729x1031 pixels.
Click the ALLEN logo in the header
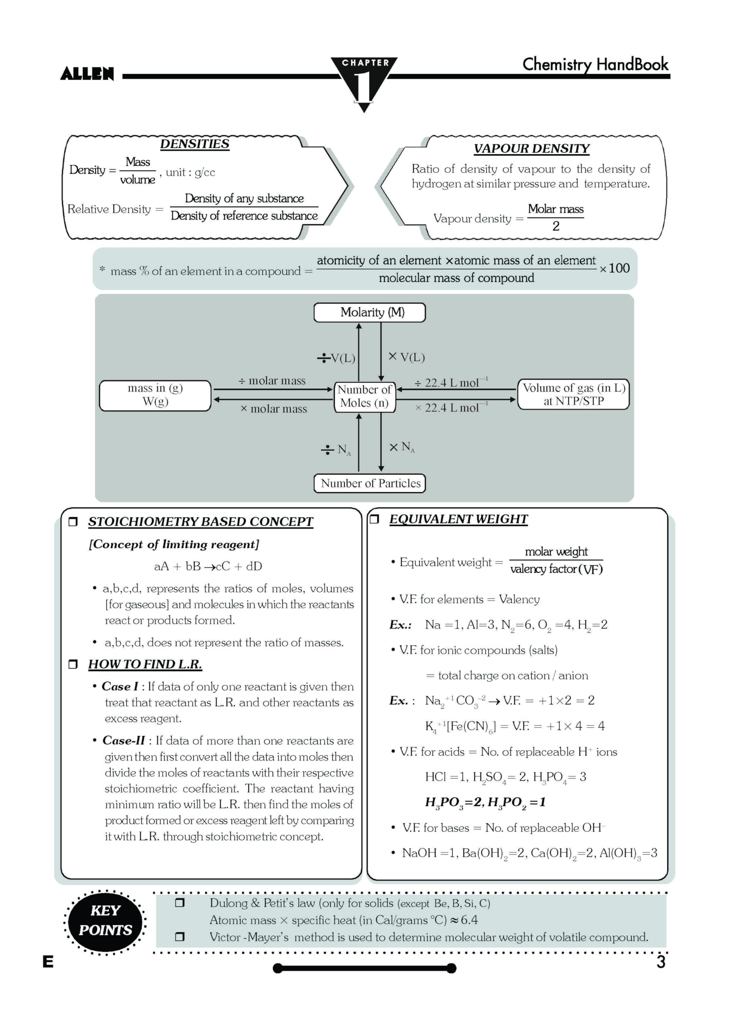[87, 74]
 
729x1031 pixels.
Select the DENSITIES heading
[195, 144]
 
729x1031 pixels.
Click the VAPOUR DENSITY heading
[531, 149]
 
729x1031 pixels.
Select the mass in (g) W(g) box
[155, 395]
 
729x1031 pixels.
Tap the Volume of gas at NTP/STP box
[574, 395]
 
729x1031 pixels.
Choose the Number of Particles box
[370, 484]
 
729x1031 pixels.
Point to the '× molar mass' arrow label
[273, 409]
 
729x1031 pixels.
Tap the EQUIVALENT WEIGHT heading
[458, 520]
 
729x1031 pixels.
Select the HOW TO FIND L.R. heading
[145, 665]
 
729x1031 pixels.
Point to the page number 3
[660, 962]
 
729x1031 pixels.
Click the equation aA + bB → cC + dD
[208, 567]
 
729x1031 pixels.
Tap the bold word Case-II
[124, 741]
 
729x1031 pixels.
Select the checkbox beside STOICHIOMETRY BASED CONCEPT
[73, 522]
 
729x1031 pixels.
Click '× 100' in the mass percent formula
[615, 269]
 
